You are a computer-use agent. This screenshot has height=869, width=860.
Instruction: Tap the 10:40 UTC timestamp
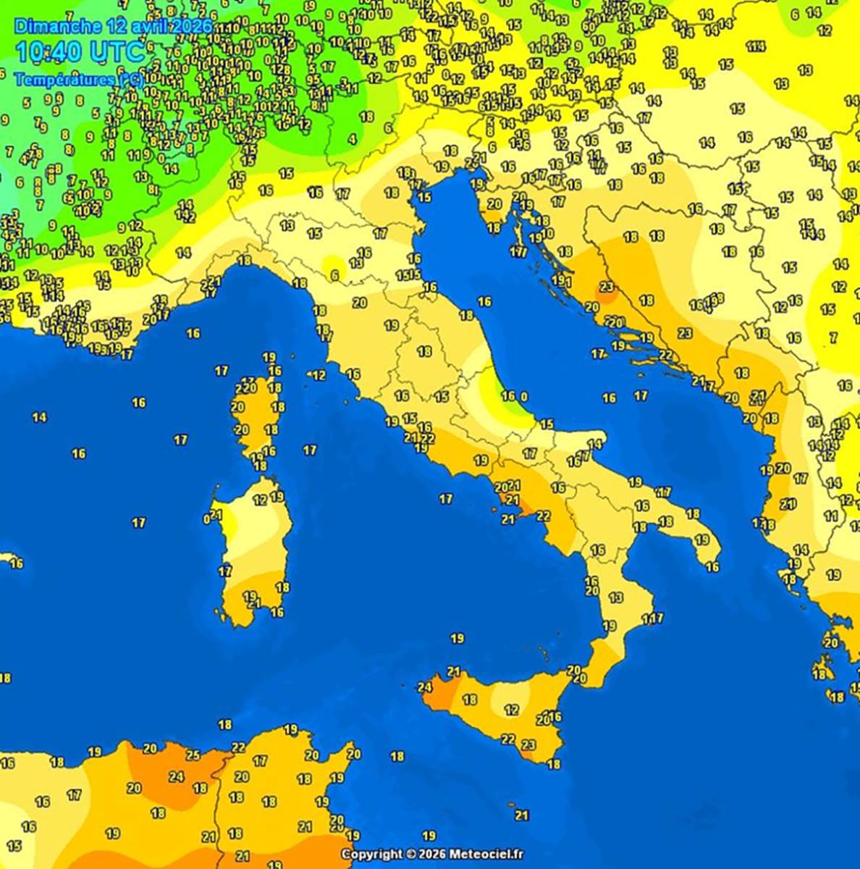coord(80,52)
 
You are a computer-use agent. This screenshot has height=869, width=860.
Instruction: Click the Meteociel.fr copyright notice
coord(432,855)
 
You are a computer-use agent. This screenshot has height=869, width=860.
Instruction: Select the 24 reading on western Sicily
coord(425,687)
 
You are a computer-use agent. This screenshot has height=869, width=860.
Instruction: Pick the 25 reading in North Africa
coord(193,755)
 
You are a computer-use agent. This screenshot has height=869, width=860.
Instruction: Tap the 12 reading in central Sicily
coord(512,710)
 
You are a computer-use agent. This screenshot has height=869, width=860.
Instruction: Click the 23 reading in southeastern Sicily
coord(528,744)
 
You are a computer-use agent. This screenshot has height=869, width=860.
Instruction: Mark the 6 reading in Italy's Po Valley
coord(334,275)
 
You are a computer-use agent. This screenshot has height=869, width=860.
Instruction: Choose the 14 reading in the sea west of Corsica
coord(39,417)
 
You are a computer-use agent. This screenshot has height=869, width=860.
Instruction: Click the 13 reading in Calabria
coord(616,597)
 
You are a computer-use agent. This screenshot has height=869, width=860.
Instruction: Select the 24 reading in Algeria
coord(177,777)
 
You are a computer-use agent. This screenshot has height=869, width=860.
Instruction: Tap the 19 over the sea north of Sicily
coord(457,638)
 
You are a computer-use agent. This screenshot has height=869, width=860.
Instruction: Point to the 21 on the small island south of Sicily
coord(522,815)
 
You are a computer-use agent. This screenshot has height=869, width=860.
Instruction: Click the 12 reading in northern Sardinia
coord(260,500)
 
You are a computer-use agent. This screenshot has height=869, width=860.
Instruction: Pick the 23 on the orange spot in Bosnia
coord(607,287)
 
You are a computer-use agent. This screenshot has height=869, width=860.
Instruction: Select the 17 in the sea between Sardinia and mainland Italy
coord(310,450)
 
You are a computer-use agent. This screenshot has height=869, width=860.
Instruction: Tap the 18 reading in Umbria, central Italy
coord(424,351)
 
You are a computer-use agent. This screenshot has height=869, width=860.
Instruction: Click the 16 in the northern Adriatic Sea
coord(484,301)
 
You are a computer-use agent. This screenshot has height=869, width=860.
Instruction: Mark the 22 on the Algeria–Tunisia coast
coord(238,747)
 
